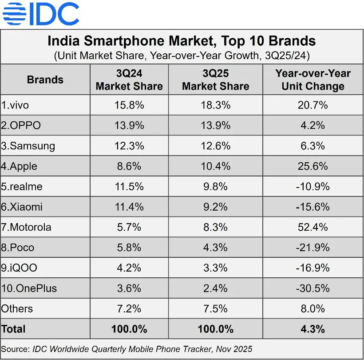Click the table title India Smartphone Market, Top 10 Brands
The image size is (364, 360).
click(x=182, y=41)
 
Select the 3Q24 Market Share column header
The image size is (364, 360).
click(x=129, y=80)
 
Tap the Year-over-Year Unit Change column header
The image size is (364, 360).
click(x=313, y=80)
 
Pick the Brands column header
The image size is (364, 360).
click(x=45, y=80)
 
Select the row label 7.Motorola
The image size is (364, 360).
click(x=26, y=227)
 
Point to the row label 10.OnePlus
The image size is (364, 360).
click(x=29, y=288)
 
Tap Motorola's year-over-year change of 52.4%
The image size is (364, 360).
click(x=313, y=227)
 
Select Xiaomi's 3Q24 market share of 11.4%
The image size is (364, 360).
click(x=129, y=207)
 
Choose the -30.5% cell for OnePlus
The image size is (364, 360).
click(x=313, y=288)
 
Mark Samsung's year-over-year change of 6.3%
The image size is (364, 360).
click(x=313, y=146)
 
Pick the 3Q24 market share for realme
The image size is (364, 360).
click(x=129, y=186)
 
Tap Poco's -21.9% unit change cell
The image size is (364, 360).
click(x=313, y=248)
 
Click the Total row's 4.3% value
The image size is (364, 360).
click(x=313, y=329)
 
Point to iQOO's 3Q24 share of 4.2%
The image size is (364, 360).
click(x=129, y=268)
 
